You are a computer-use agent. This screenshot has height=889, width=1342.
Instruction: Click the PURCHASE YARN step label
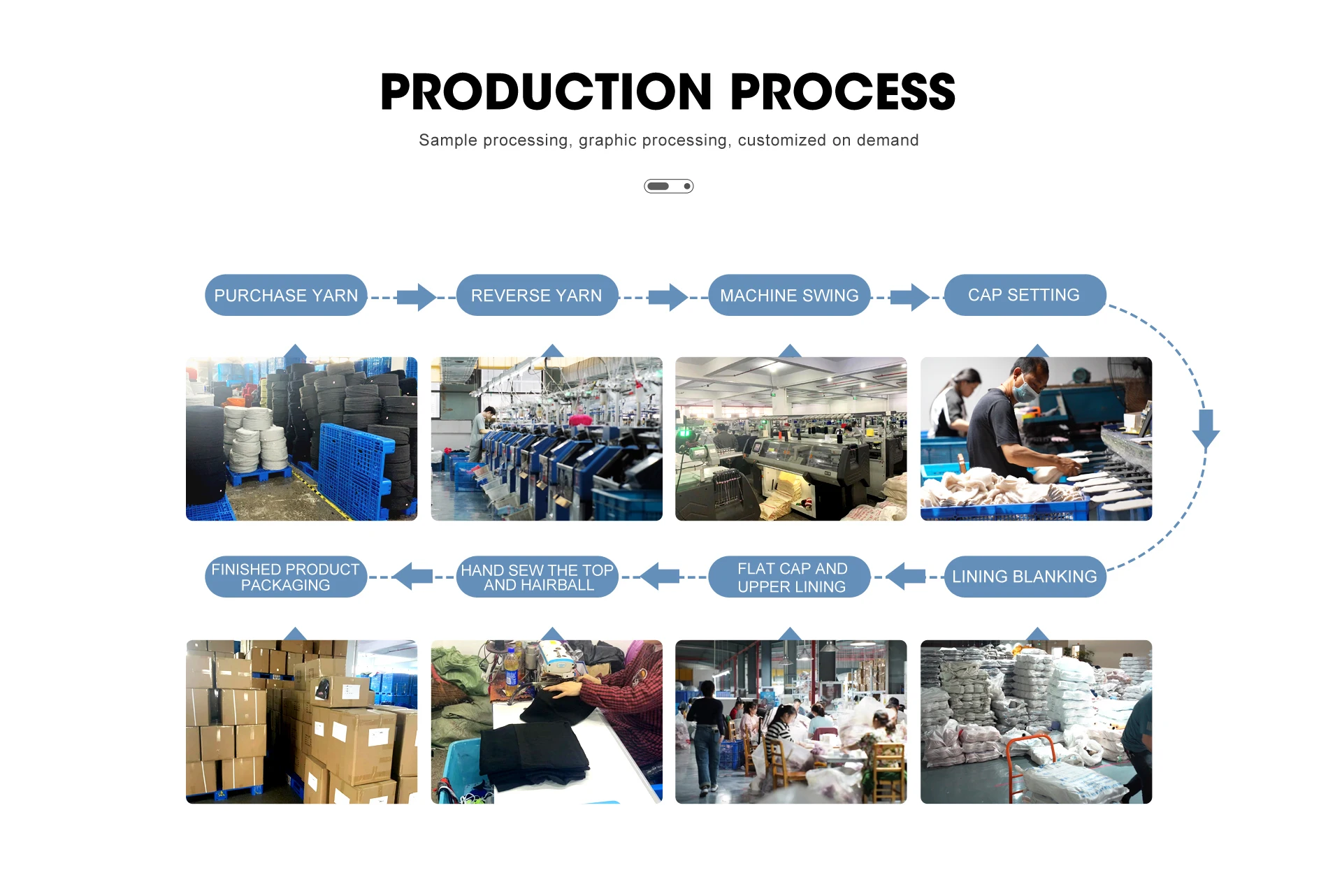click(x=286, y=296)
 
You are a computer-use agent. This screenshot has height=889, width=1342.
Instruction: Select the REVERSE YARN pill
click(x=536, y=296)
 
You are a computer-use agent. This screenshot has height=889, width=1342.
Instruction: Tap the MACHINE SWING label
click(x=789, y=296)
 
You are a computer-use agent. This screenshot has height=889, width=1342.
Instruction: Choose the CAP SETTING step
click(x=1024, y=295)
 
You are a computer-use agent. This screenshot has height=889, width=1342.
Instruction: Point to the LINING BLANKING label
click(x=1024, y=577)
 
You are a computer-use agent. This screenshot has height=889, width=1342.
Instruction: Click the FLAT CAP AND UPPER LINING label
click(x=792, y=577)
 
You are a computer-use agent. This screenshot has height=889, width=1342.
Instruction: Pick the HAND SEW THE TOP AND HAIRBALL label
click(x=537, y=577)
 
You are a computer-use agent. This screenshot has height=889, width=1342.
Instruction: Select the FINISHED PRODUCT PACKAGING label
click(x=285, y=577)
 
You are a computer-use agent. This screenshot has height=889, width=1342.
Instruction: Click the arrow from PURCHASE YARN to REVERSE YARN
click(x=417, y=297)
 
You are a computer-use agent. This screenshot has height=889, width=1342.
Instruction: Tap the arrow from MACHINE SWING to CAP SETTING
click(x=910, y=297)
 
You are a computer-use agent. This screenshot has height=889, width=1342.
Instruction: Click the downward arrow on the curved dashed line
click(x=1206, y=428)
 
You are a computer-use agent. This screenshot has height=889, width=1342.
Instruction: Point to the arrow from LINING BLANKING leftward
click(x=906, y=577)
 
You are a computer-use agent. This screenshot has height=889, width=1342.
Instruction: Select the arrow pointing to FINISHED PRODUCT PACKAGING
click(x=413, y=577)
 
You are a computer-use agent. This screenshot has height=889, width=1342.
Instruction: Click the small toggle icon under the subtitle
click(x=668, y=186)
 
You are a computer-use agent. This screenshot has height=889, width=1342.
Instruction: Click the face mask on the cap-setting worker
click(x=1025, y=389)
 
